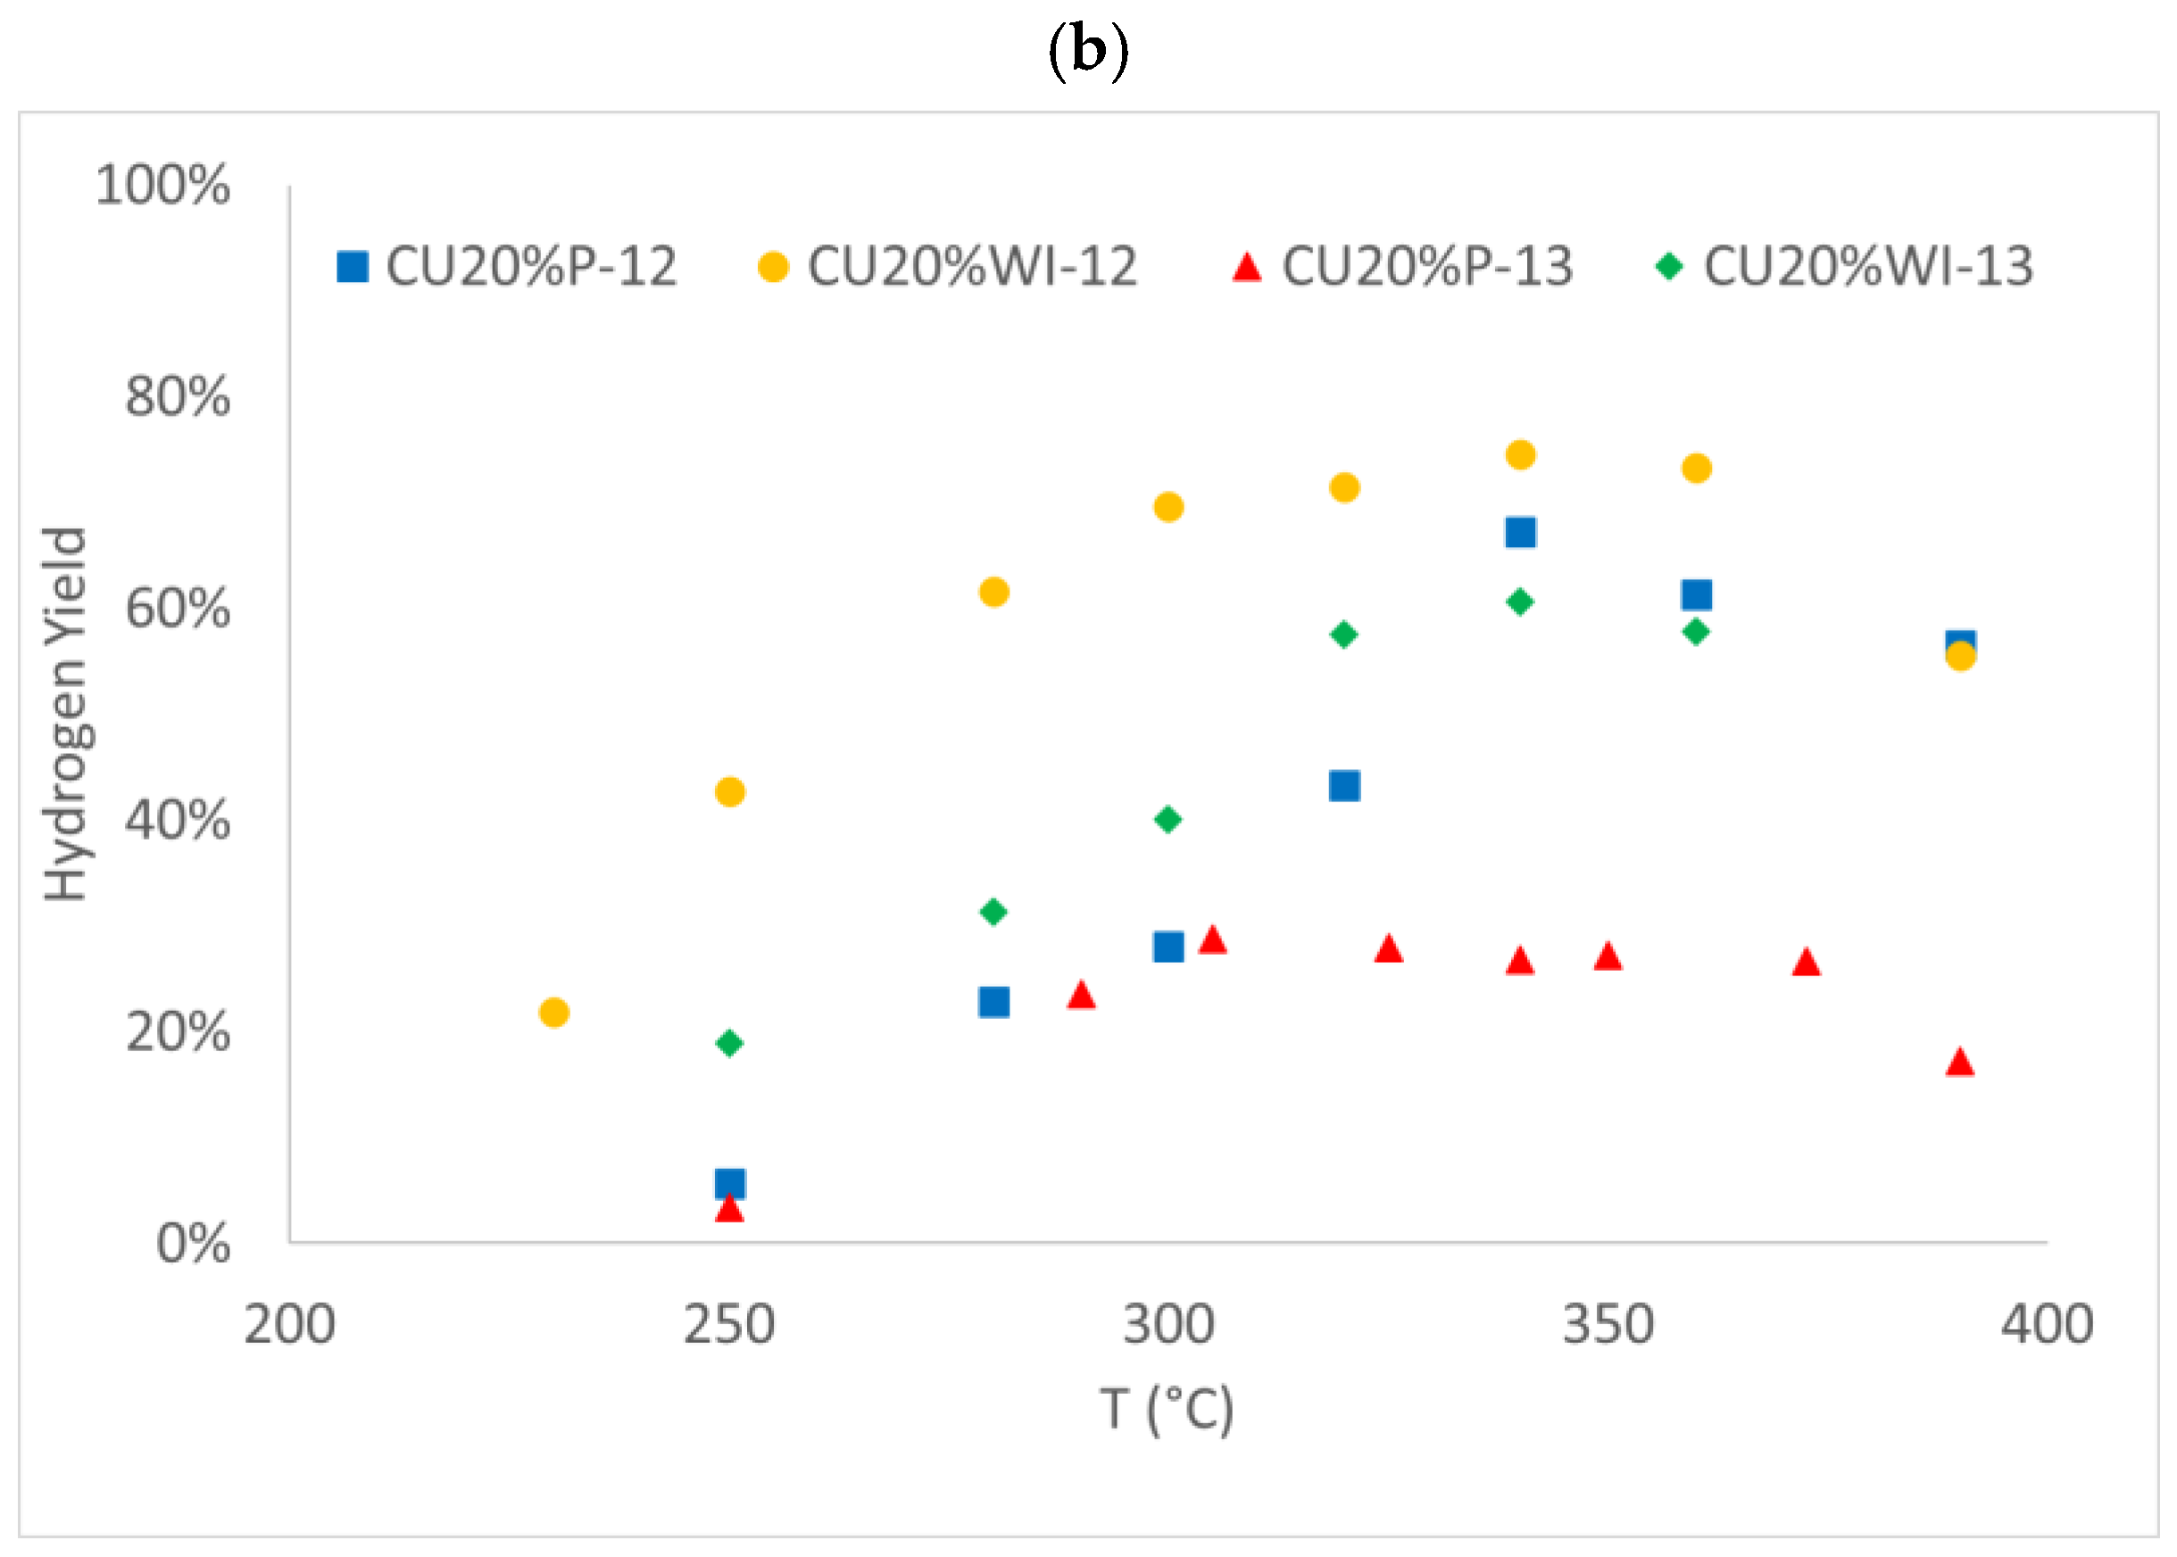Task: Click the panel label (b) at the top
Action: [1087, 51]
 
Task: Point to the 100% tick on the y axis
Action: [163, 184]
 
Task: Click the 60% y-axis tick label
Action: [178, 609]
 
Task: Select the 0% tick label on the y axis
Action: [193, 1245]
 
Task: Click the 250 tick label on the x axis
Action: [729, 1325]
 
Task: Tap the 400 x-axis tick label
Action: [2047, 1325]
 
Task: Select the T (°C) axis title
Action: [1167, 1410]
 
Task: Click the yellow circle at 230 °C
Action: [554, 1013]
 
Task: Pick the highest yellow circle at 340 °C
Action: [1520, 454]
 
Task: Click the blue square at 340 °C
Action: [1520, 532]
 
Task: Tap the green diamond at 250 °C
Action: [729, 1042]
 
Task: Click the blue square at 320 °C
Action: [1344, 786]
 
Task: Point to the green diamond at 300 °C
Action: [1168, 820]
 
